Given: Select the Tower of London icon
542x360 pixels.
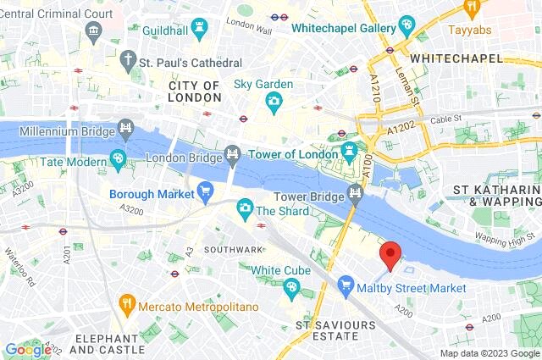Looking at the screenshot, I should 349,153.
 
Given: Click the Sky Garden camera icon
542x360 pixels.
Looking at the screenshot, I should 274,103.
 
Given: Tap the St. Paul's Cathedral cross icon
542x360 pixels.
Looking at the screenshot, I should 128,61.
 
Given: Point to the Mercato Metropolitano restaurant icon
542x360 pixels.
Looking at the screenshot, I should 126,302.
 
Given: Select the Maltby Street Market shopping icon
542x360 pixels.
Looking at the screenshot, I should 346,287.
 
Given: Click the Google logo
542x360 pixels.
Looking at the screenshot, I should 28,349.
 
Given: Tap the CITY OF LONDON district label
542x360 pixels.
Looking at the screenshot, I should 194,91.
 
